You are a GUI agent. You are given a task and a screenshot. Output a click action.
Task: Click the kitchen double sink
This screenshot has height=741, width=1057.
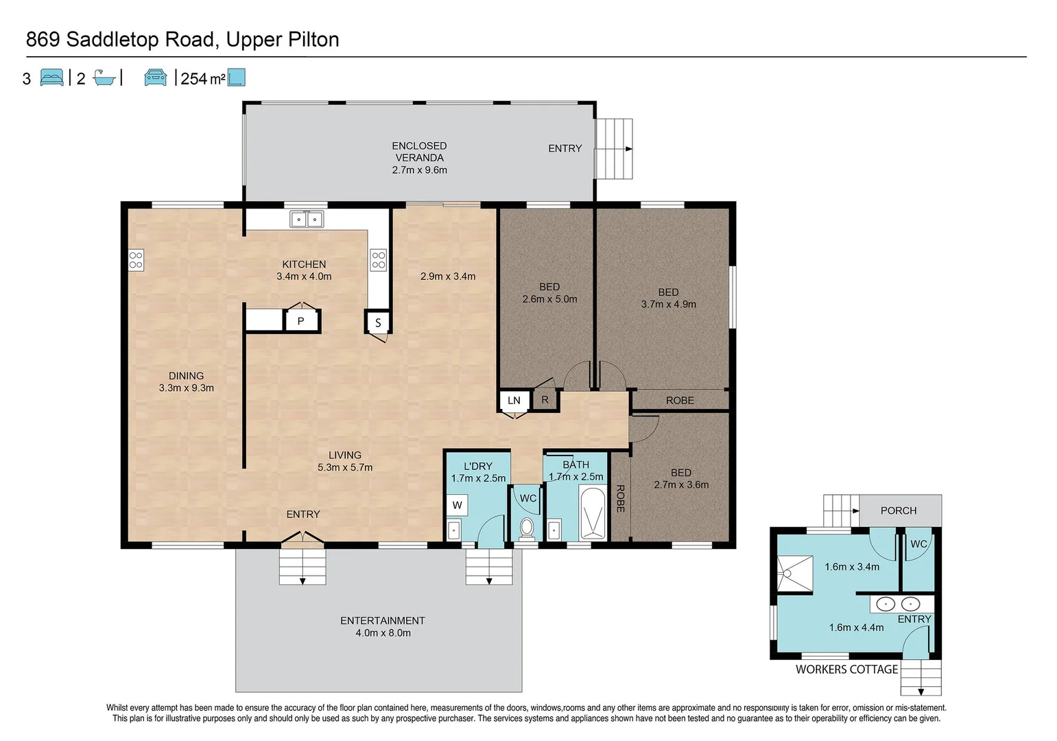point(307,220)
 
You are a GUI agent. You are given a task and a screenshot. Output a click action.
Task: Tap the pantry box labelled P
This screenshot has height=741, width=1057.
point(300,321)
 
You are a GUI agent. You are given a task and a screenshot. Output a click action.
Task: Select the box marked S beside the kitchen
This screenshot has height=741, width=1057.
point(377,323)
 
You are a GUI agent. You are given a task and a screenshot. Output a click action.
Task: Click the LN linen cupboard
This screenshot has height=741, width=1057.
point(514,401)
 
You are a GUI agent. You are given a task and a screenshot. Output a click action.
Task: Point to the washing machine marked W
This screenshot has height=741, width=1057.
point(458,506)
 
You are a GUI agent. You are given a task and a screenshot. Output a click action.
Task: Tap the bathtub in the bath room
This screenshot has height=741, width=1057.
point(592,513)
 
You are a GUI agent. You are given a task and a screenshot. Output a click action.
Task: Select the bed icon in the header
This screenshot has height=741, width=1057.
point(52,78)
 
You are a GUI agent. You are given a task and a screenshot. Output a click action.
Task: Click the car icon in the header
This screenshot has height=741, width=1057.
point(156,78)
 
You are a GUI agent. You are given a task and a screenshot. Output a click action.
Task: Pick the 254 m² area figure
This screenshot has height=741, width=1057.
point(203,78)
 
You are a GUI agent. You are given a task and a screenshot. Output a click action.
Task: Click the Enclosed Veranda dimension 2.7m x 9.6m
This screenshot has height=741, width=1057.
point(420,170)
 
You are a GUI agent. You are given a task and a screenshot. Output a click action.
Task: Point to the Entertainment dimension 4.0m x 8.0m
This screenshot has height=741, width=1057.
point(383,633)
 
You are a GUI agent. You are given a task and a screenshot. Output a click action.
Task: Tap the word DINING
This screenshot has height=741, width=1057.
point(187,376)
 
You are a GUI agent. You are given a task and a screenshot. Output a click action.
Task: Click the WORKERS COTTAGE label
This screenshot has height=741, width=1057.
point(846,669)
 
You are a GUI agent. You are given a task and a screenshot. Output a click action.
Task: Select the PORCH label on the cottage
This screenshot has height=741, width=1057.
point(899,510)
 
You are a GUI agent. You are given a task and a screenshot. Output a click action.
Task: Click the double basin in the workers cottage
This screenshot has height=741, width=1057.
point(898,604)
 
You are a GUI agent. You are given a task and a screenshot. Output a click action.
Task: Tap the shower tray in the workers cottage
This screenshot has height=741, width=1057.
point(795,574)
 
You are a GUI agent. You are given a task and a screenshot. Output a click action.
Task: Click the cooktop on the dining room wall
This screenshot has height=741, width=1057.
point(136,260)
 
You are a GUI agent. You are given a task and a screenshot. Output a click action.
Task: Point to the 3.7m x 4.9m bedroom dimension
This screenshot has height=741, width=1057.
point(669,305)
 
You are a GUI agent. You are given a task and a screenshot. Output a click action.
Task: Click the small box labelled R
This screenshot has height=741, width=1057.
point(545,400)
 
